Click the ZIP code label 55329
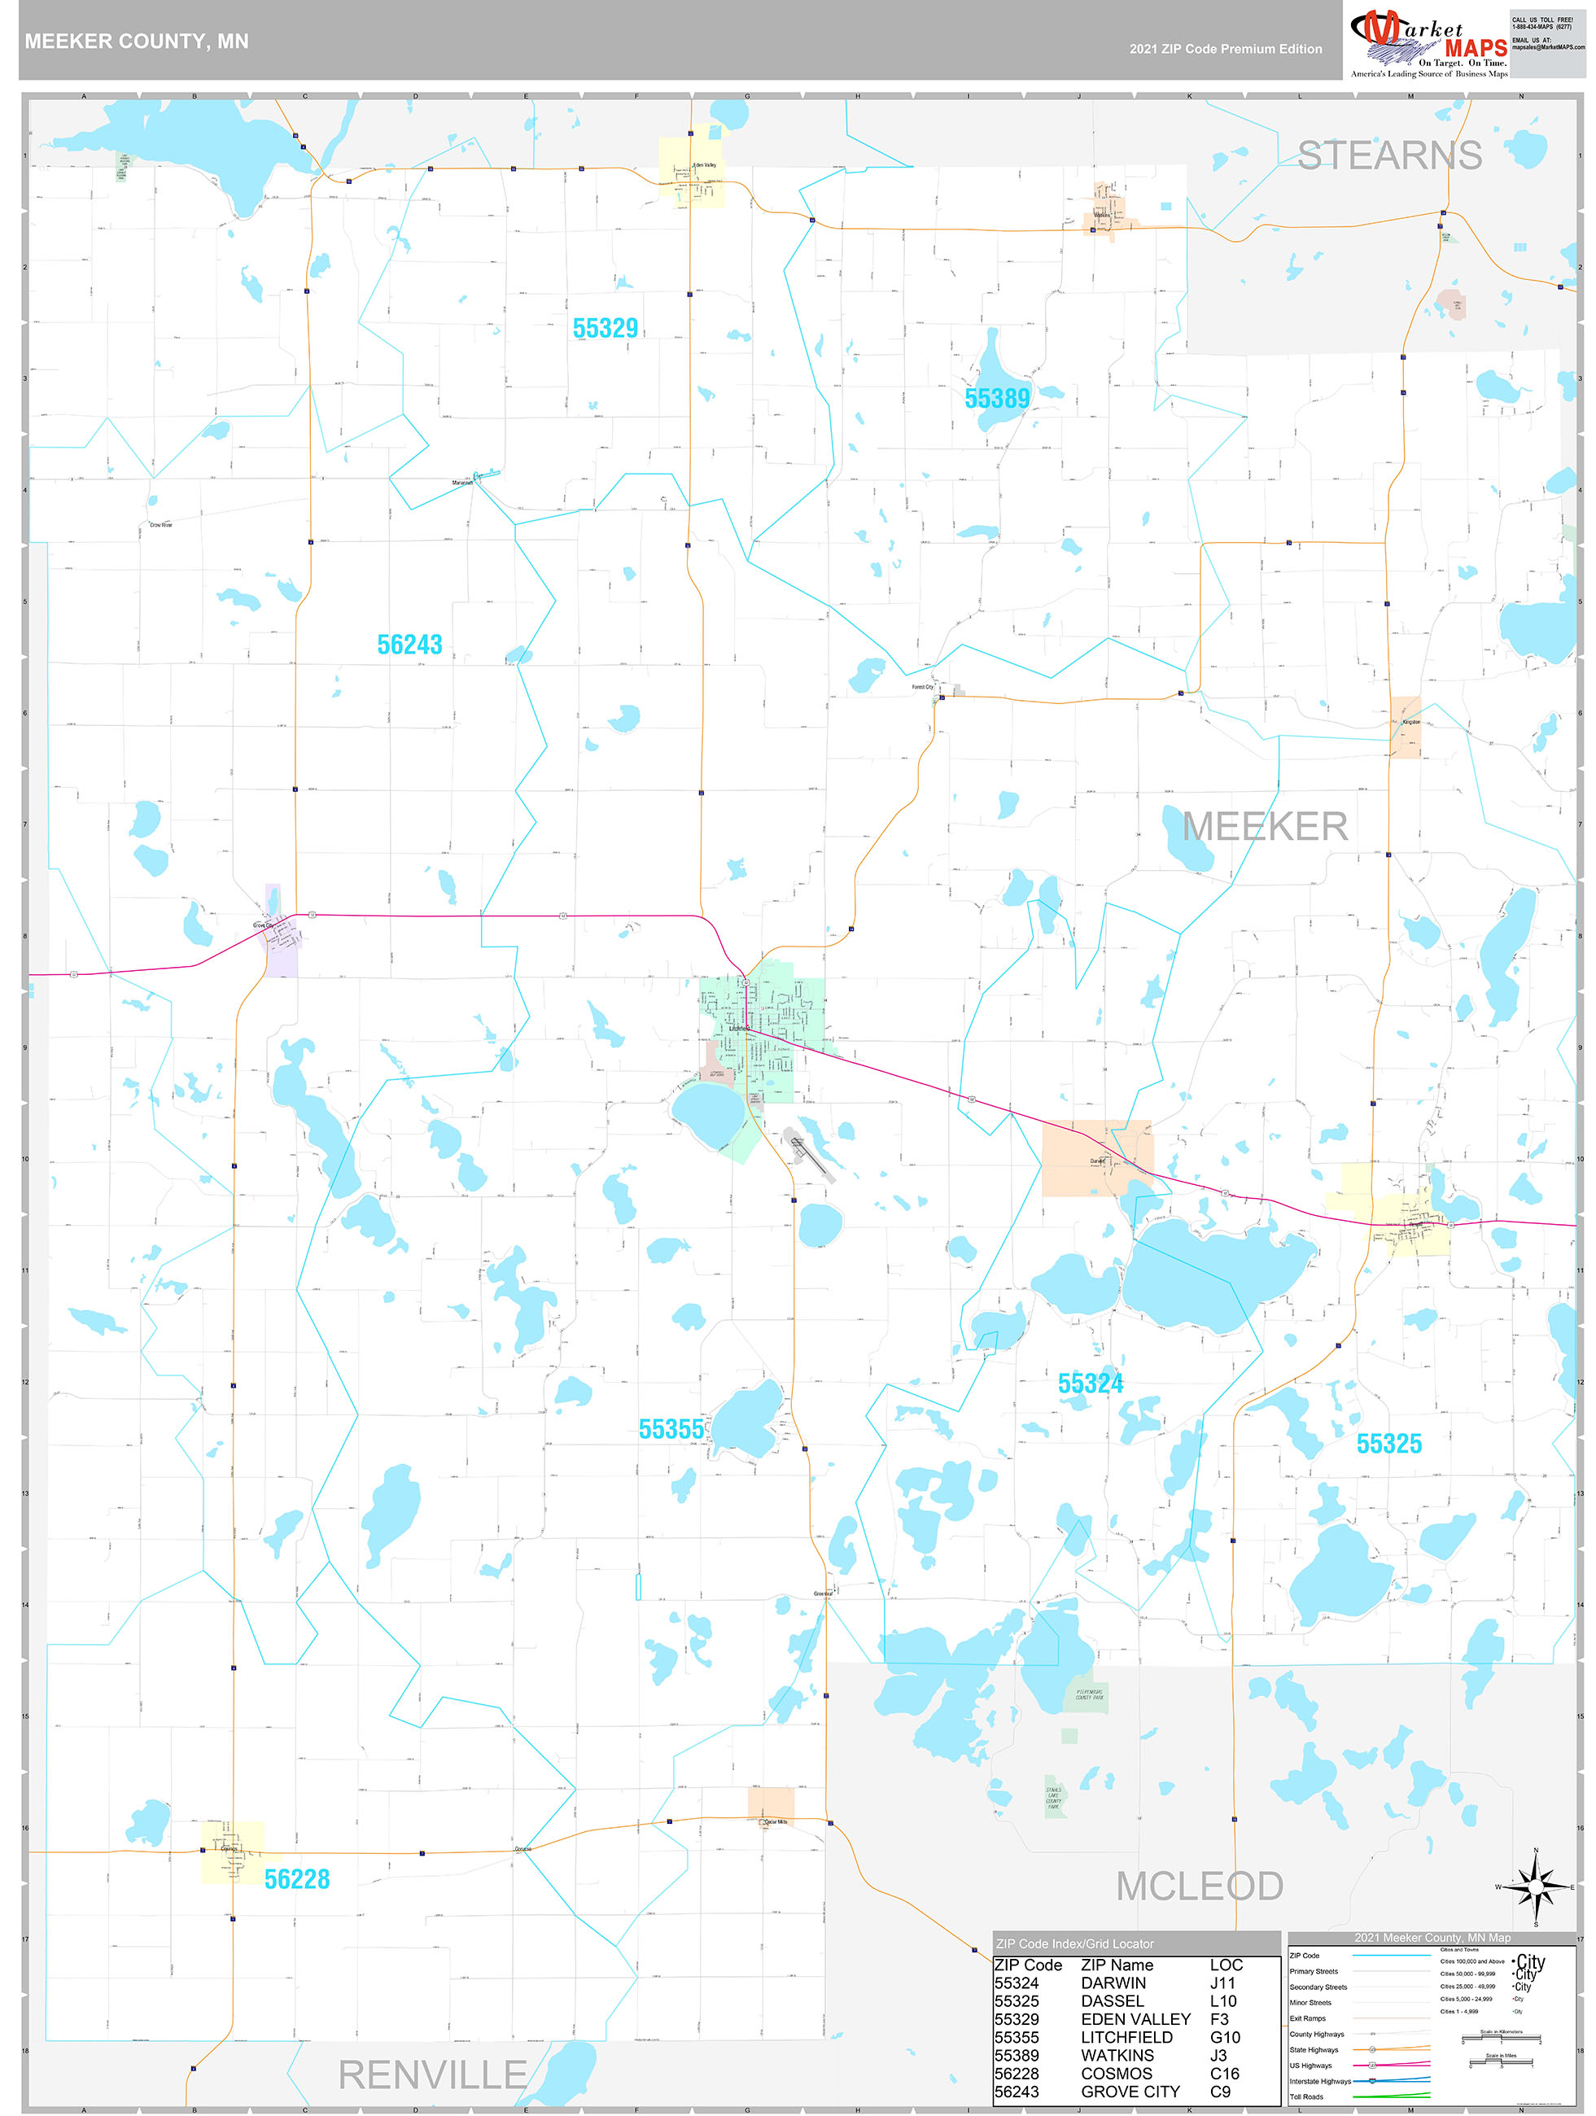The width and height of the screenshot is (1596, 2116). pyautogui.click(x=605, y=329)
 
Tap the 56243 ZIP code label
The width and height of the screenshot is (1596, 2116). pyautogui.click(x=409, y=645)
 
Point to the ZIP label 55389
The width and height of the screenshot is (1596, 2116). pyautogui.click(x=997, y=399)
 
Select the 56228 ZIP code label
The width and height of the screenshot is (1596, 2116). pyautogui.click(x=296, y=1880)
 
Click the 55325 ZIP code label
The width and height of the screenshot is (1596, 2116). pyautogui.click(x=1388, y=1445)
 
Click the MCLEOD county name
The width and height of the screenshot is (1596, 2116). pyautogui.click(x=1199, y=1886)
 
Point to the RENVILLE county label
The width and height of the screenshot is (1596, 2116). pyautogui.click(x=432, y=2074)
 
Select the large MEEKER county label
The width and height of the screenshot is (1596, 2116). pyautogui.click(x=1265, y=828)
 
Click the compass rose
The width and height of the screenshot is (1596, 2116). pyautogui.click(x=1536, y=1887)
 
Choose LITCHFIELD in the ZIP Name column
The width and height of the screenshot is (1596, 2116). pyautogui.click(x=1126, y=2038)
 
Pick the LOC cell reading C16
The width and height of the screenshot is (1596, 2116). pyautogui.click(x=1225, y=2073)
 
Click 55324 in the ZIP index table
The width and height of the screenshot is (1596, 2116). pyautogui.click(x=1017, y=1983)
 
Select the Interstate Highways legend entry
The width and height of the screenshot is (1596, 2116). pyautogui.click(x=1319, y=2081)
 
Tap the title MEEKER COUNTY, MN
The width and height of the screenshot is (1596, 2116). pyautogui.click(x=136, y=42)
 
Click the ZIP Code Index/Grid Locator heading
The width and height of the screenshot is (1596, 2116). pyautogui.click(x=1074, y=1943)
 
